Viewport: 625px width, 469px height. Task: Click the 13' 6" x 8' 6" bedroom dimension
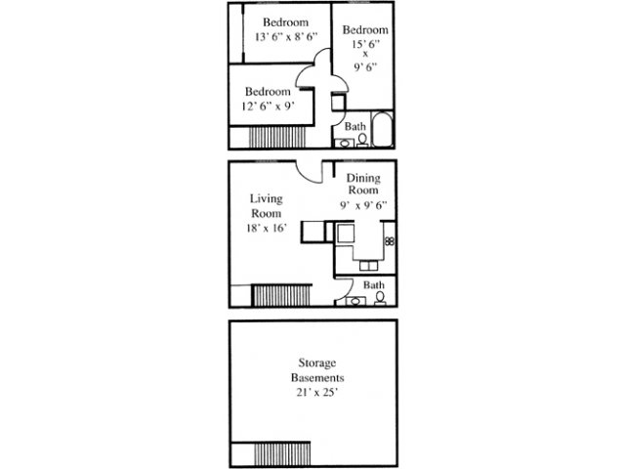click(286, 37)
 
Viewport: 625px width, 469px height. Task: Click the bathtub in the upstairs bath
click(382, 129)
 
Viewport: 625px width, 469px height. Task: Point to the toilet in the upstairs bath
click(362, 140)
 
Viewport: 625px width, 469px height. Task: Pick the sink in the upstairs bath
click(344, 143)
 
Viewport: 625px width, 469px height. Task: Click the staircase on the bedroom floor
click(277, 137)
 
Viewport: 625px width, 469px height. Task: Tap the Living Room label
click(267, 206)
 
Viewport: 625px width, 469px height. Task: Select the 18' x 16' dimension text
click(267, 228)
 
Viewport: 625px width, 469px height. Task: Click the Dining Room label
click(363, 184)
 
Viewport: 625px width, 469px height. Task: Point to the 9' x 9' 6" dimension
click(363, 205)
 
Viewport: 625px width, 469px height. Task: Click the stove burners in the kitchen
click(390, 241)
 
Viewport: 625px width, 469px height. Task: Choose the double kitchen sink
click(369, 265)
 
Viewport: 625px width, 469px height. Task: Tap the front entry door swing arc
click(308, 176)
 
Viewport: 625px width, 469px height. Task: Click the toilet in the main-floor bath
click(380, 298)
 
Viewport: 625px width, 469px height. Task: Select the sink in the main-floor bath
click(355, 301)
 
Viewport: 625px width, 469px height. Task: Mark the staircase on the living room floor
click(281, 295)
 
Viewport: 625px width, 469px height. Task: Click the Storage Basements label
click(317, 370)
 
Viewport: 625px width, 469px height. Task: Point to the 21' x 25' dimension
click(317, 393)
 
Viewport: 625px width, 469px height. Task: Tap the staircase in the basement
click(282, 453)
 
